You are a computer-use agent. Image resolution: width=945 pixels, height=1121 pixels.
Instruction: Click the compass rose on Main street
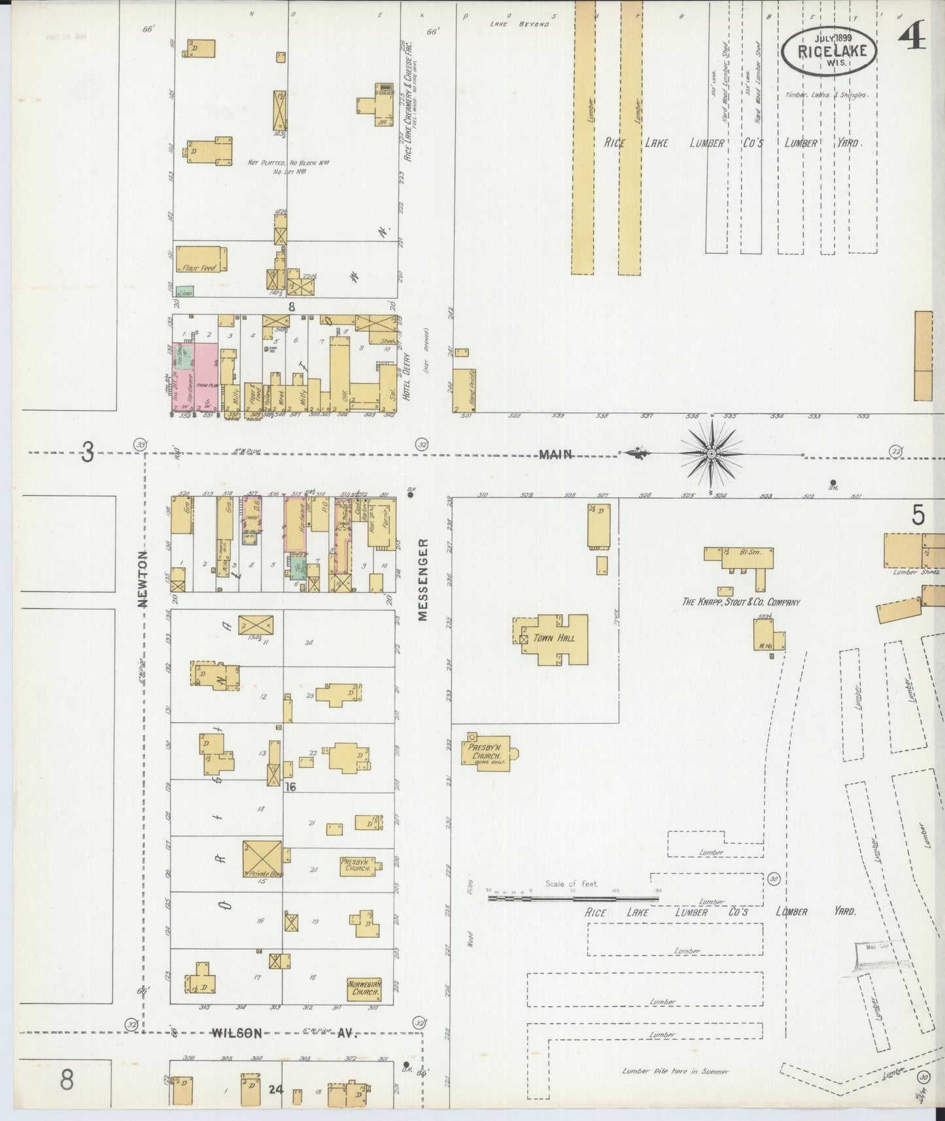(x=710, y=453)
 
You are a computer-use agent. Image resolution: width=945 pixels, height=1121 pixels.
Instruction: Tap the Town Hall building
(x=553, y=638)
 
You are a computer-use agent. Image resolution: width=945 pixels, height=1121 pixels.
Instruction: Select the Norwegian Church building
(x=364, y=988)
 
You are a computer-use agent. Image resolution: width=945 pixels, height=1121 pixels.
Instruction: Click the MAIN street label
(x=556, y=454)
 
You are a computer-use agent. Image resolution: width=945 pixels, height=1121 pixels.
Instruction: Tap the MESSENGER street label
(x=422, y=579)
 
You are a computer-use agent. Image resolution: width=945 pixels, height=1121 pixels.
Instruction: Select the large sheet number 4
(x=912, y=39)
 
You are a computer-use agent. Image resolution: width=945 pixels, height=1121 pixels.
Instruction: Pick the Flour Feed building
(x=201, y=260)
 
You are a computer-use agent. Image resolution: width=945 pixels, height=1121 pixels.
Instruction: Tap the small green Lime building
(x=186, y=293)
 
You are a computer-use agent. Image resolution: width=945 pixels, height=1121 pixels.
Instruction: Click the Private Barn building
(x=262, y=859)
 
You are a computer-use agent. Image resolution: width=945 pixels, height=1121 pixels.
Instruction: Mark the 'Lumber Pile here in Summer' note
(x=674, y=1071)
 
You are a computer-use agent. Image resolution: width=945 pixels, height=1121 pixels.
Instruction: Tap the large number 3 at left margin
(x=88, y=452)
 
